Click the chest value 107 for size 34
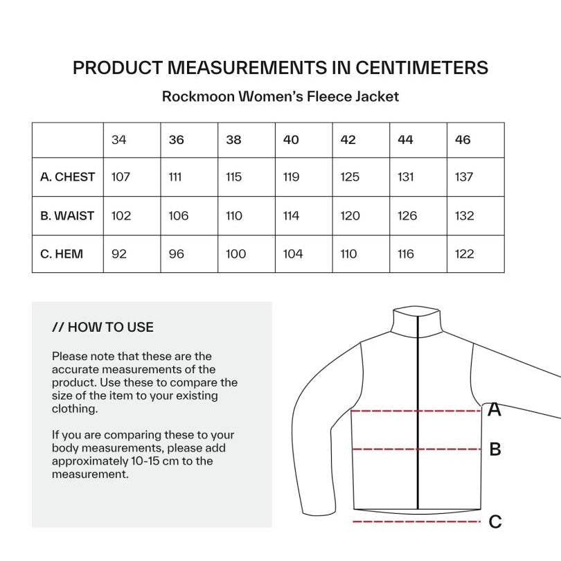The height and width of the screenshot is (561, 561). coord(121,177)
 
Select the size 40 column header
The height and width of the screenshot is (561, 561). coord(291,140)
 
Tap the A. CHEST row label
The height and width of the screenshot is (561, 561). coord(67,177)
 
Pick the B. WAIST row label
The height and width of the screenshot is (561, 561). coord(67,215)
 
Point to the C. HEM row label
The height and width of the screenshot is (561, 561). coord(62,254)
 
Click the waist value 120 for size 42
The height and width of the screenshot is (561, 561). coord(350,215)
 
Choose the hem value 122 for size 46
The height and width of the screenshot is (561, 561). coord(464,254)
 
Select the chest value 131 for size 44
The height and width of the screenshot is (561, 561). coord(407,177)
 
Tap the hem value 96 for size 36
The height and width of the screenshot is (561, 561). coord(177,254)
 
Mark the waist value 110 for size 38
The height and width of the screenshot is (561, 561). coord(234,215)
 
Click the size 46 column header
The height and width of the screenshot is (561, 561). coord(463,140)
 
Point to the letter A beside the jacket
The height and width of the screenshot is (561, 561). coord(495,410)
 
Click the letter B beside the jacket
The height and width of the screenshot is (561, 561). coord(495,449)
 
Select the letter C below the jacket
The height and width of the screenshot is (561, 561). coord(495,522)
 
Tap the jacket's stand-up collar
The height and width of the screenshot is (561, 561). coord(418,323)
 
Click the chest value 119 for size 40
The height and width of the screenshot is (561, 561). coord(292,177)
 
